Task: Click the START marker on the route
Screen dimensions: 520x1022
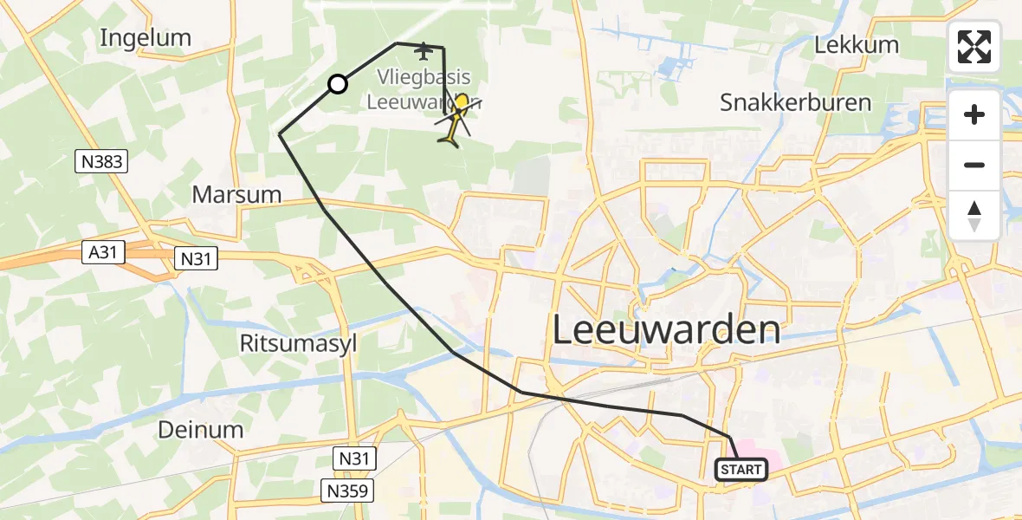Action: [741, 470]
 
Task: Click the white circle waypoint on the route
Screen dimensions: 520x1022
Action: [338, 84]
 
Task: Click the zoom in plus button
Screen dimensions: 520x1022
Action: [974, 114]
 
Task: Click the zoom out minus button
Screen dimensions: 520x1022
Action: [974, 165]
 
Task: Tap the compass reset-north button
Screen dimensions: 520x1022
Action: [974, 216]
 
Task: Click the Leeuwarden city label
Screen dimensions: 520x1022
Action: [666, 330]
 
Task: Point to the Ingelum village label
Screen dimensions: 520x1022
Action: [146, 37]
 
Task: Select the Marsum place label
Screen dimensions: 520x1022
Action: [236, 194]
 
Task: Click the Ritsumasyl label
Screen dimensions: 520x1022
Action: [298, 343]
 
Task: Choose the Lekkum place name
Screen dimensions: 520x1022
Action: [857, 45]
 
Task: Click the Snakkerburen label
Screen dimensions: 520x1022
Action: [795, 102]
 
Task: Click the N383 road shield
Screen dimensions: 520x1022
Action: [101, 160]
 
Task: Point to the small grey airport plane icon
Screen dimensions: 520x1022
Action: [423, 51]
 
